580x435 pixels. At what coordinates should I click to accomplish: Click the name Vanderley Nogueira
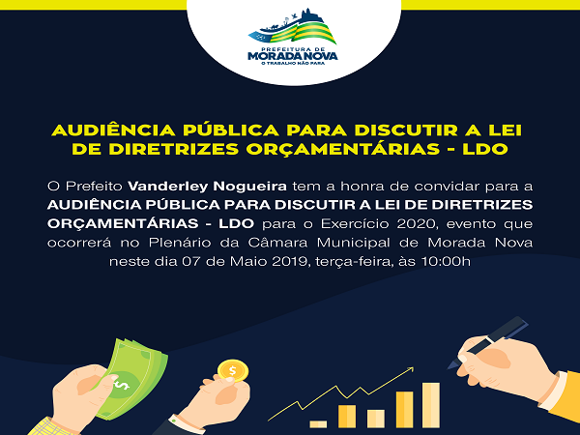pyautogui.click(x=207, y=187)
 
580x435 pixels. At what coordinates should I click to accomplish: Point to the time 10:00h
pyautogui.click(x=446, y=262)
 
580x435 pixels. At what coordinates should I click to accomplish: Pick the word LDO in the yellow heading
pyautogui.click(x=485, y=149)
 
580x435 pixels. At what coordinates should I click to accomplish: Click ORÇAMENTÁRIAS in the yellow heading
pyautogui.click(x=342, y=150)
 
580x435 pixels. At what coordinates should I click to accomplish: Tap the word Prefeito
pyautogui.click(x=94, y=187)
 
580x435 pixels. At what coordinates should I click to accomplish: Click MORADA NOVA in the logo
pyautogui.click(x=293, y=56)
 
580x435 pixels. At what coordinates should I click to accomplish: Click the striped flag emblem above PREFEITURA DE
pyautogui.click(x=293, y=28)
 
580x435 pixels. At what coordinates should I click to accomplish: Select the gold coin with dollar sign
pyautogui.click(x=233, y=370)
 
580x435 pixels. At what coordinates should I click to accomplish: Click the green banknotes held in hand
pyautogui.click(x=130, y=377)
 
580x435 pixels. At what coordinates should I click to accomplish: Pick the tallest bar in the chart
pyautogui.click(x=431, y=405)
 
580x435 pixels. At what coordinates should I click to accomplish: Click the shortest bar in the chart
pyautogui.click(x=318, y=424)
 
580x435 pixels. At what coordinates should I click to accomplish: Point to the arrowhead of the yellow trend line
pyautogui.click(x=410, y=369)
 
